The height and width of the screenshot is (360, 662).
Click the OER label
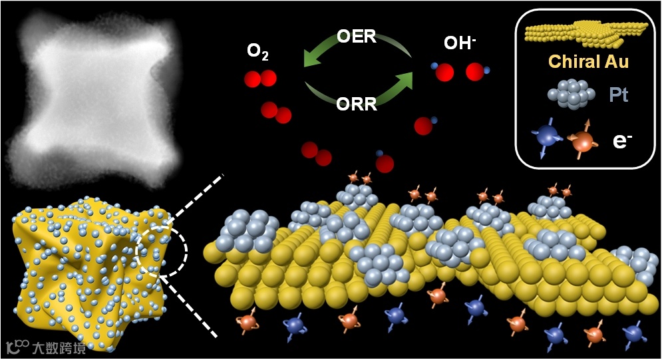(357, 37)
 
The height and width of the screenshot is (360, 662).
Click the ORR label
(357, 104)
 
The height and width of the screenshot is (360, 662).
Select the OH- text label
(460, 45)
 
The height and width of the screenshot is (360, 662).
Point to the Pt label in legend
(619, 95)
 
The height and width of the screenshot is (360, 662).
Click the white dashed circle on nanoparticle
(162, 248)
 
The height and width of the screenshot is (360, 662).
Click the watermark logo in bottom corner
(45, 347)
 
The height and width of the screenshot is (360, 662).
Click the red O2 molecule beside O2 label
(259, 79)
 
